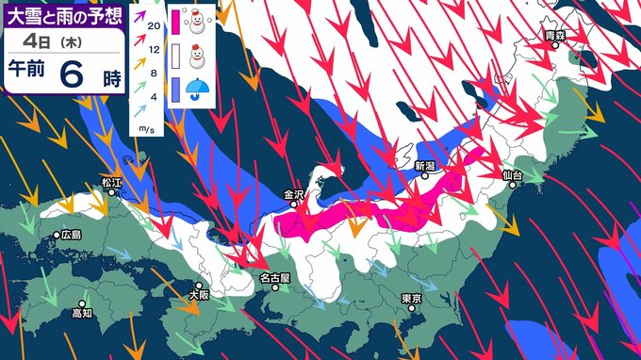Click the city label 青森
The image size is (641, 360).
pyautogui.click(x=554, y=36)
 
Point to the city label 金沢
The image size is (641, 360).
pyautogui.click(x=293, y=195)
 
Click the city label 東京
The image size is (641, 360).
pyautogui.click(x=410, y=298)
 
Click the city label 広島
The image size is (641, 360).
pyautogui.click(x=71, y=235)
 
